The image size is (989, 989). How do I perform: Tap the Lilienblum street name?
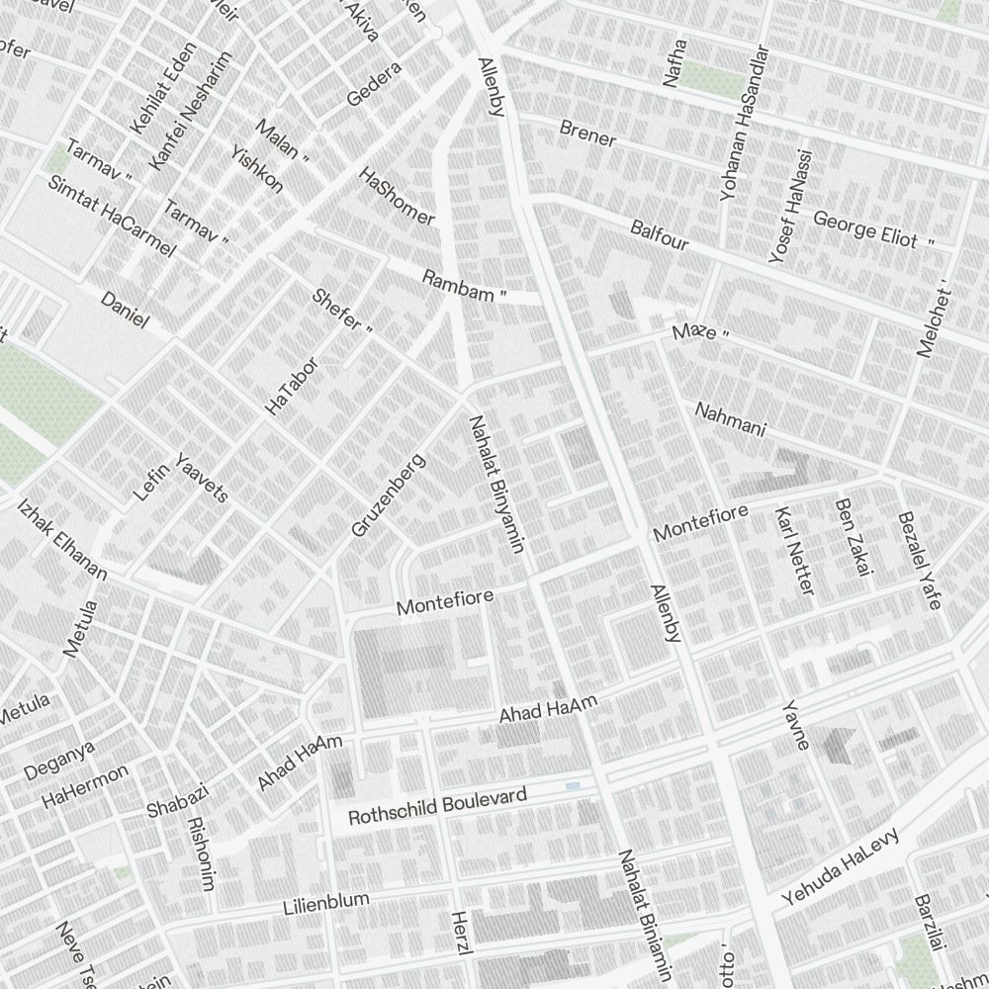(325, 903)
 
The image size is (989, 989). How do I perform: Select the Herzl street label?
(459, 933)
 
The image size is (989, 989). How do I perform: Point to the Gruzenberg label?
(388, 495)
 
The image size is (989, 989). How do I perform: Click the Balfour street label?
(659, 234)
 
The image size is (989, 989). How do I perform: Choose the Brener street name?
(587, 134)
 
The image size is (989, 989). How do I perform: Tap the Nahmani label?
(730, 419)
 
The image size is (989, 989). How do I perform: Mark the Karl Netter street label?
(794, 551)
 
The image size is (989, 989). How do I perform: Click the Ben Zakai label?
(853, 536)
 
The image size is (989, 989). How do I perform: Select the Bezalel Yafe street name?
(918, 561)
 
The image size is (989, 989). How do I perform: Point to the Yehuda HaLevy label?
(840, 867)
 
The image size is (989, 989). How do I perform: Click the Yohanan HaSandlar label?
(744, 124)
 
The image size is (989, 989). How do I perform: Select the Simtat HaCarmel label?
(111, 217)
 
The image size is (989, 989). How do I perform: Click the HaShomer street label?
(396, 196)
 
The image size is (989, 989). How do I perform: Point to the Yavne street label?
(795, 725)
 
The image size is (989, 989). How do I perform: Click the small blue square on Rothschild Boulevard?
(573, 786)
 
